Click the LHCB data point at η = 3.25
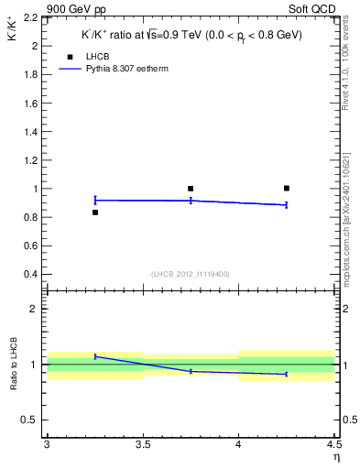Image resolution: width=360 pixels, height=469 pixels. [x=94, y=213]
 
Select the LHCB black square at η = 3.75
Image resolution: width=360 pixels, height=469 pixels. [x=191, y=189]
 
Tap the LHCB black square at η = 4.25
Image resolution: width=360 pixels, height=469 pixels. [x=287, y=188]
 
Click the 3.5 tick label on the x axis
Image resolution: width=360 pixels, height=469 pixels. [x=142, y=444]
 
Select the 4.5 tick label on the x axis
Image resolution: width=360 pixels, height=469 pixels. [x=333, y=444]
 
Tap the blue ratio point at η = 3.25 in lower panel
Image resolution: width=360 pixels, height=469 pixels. [x=94, y=356]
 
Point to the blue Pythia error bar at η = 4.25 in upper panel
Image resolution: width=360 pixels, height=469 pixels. [x=287, y=205]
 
